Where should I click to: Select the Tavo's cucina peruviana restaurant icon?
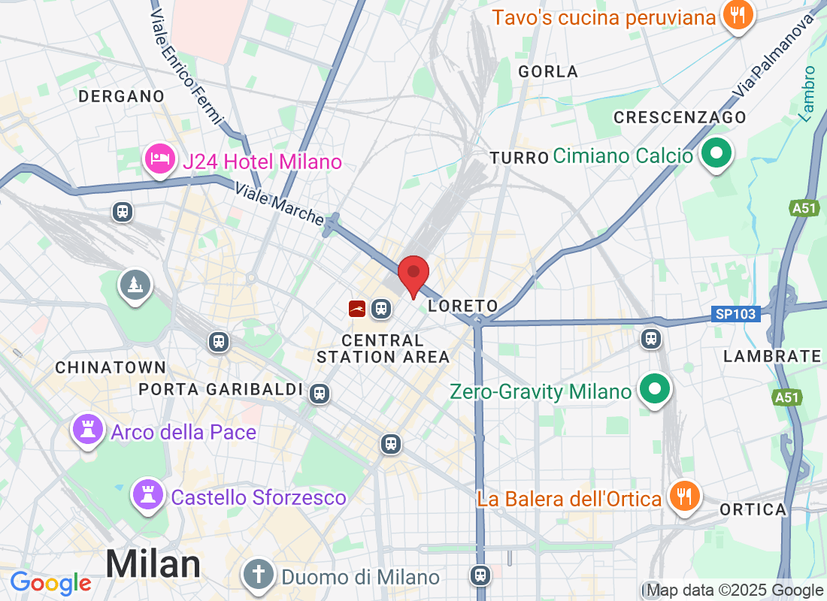(x=738, y=15)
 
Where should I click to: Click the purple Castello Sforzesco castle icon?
(x=148, y=495)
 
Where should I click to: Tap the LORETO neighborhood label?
(x=463, y=306)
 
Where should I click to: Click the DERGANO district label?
(x=121, y=96)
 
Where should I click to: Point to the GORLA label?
(x=549, y=72)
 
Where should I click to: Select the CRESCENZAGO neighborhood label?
(x=680, y=118)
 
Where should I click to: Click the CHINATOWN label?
(x=111, y=367)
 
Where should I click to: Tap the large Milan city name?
(x=153, y=563)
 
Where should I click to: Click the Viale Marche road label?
(x=278, y=204)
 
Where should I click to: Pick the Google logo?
(x=50, y=583)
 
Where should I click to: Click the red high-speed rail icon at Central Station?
(x=357, y=308)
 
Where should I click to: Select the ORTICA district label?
(x=753, y=510)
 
